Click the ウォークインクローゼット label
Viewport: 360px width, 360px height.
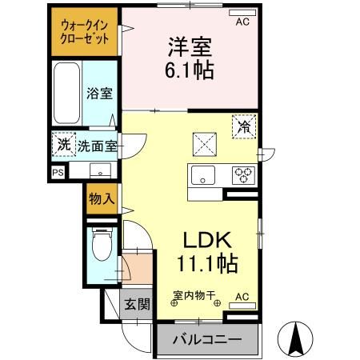pos(86,32)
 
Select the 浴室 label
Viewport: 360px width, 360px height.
pos(99,94)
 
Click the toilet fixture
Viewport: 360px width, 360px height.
pos(101,244)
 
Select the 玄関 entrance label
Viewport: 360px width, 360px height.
pos(137,304)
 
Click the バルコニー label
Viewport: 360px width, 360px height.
pos(207,339)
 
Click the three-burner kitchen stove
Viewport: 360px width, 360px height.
pos(243,174)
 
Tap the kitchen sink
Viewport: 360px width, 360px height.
pos(200,174)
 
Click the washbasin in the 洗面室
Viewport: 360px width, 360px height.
pos(100,169)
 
